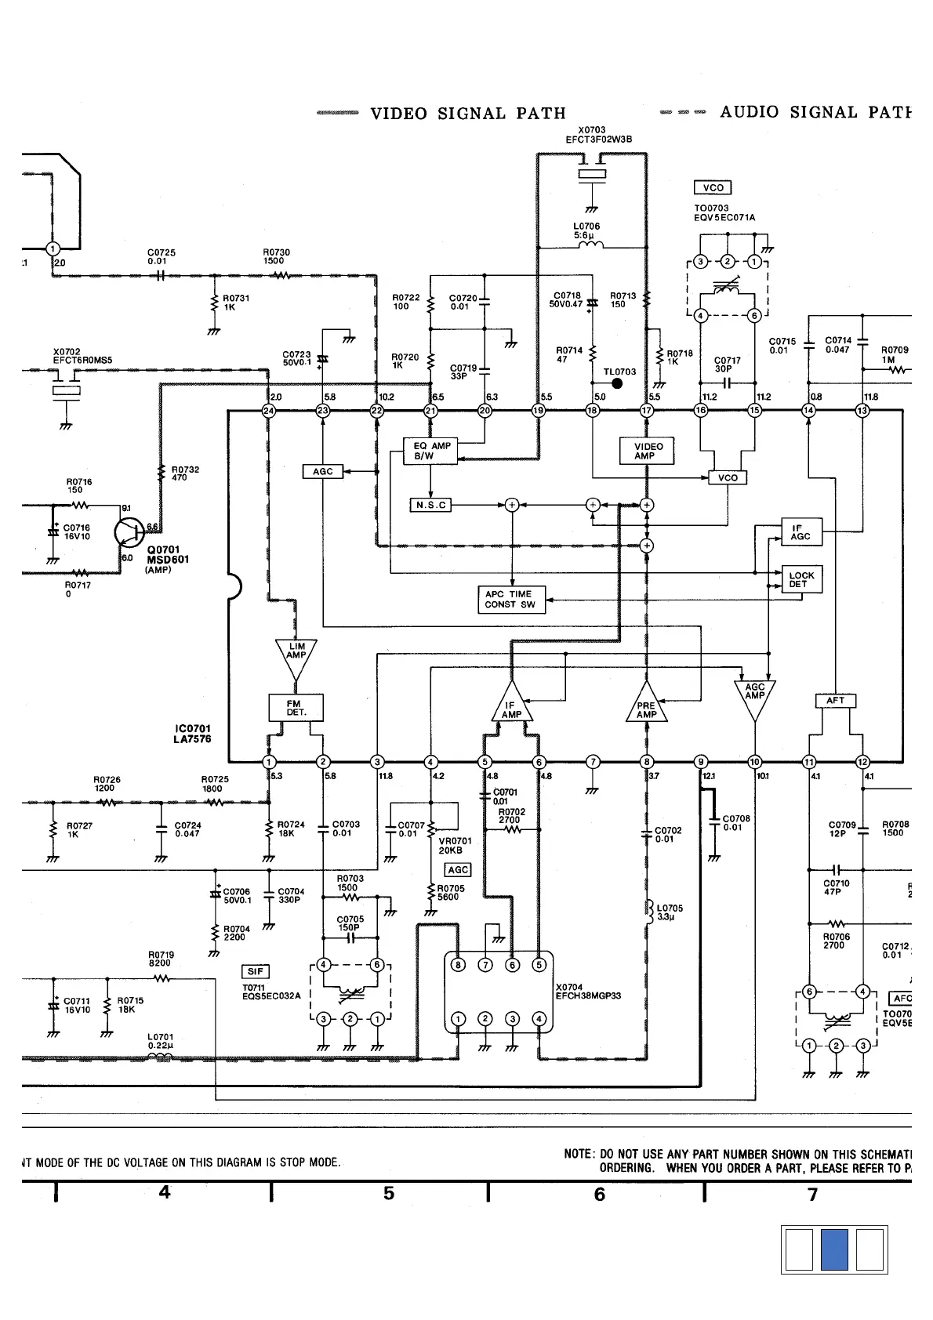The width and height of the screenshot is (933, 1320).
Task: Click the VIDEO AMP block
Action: pyautogui.click(x=648, y=451)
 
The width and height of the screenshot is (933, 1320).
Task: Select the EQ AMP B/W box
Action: pyautogui.click(x=431, y=451)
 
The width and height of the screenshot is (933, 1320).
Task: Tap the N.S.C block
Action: pyautogui.click(x=430, y=505)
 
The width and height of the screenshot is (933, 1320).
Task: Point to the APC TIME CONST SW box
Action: pyautogui.click(x=510, y=599)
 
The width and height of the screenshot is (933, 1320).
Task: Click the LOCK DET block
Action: pyautogui.click(x=801, y=579)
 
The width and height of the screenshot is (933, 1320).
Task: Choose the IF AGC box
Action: pyautogui.click(x=801, y=531)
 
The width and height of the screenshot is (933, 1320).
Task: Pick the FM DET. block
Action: pyautogui.click(x=296, y=708)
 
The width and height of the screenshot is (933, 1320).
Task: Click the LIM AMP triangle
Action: pyautogui.click(x=296, y=655)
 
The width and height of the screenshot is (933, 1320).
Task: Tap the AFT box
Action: pyautogui.click(x=836, y=701)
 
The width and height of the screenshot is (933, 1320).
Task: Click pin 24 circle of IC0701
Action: pyautogui.click(x=269, y=410)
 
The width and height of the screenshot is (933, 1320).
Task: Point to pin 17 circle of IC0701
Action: pyautogui.click(x=647, y=410)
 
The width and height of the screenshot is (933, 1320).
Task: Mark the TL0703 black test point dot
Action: pyautogui.click(x=617, y=383)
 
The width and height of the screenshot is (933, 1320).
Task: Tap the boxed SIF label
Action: pyautogui.click(x=256, y=971)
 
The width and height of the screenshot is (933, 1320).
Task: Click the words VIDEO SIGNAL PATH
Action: pyautogui.click(x=467, y=114)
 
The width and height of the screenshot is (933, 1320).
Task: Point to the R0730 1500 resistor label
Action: pyautogui.click(x=276, y=256)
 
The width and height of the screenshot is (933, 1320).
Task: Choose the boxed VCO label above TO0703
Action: pyautogui.click(x=713, y=187)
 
